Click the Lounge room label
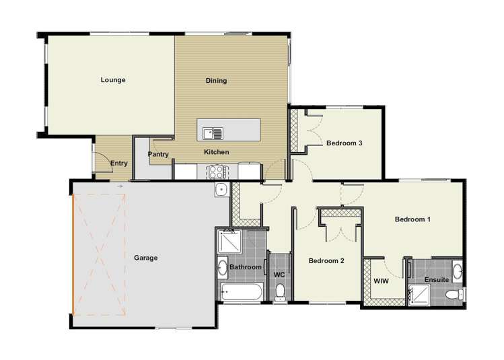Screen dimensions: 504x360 pos(113,79)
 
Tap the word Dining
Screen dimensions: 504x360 pos(216,80)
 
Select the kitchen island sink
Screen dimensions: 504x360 pos(213,133)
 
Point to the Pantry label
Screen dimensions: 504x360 pos(158,154)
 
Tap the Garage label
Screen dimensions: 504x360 pos(145,258)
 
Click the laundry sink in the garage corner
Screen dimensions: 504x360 pos(222,190)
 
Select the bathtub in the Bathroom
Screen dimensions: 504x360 pos(242,292)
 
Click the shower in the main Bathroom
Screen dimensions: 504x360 pos(229,242)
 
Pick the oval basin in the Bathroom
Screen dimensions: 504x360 pos(223,267)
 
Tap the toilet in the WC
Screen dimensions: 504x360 pos(281,292)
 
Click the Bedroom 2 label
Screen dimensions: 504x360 pos(326,260)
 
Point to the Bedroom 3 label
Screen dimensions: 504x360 pos(345,143)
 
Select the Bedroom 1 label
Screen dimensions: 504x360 pos(412,219)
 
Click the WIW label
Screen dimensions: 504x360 pos(382,281)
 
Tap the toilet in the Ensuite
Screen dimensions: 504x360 pos(454,294)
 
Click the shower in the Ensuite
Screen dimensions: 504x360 pos(419,295)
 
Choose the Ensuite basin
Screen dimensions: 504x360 pos(458,271)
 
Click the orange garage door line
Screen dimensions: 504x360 pos(73,254)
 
